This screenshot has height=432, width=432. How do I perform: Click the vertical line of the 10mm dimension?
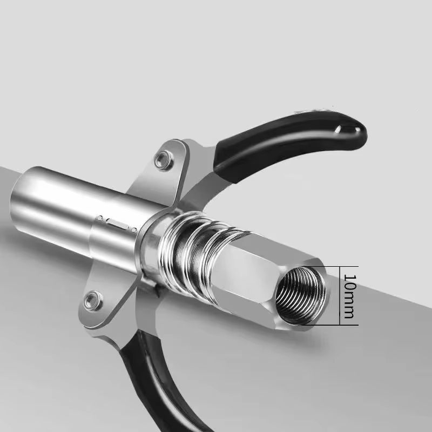340,295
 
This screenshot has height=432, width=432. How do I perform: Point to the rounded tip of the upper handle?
356,130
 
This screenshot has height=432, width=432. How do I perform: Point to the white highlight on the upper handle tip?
341,130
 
